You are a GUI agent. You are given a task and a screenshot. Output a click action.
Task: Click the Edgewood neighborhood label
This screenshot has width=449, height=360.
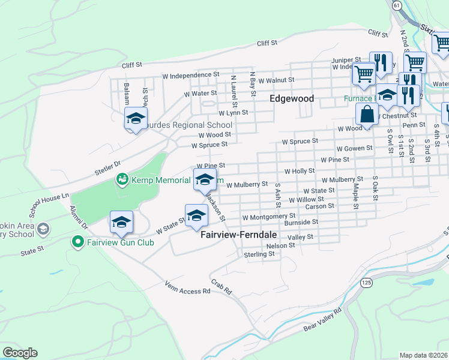tap(291, 98)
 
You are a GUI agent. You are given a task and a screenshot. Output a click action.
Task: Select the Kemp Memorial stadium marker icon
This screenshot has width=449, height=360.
tap(122, 179)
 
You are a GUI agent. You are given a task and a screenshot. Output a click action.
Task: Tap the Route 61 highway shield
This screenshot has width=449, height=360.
tap(397, 5)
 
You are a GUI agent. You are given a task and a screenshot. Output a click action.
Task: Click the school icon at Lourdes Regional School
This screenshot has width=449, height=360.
tap(136, 118)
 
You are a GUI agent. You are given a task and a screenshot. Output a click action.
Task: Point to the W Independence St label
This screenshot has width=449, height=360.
tap(188, 76)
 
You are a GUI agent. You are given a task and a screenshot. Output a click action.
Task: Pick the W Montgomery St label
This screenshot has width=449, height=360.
tap(269, 216)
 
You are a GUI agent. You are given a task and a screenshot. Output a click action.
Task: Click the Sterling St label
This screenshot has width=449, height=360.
tap(259, 254)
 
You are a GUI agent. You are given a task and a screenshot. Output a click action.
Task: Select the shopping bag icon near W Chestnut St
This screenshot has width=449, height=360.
tap(366, 113)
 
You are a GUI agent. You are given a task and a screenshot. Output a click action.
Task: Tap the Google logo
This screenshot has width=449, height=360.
tap(20, 353)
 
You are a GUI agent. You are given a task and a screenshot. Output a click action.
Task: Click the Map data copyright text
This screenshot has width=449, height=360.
tap(423, 355)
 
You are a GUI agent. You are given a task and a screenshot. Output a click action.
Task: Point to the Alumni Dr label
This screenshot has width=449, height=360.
tap(79, 217)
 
